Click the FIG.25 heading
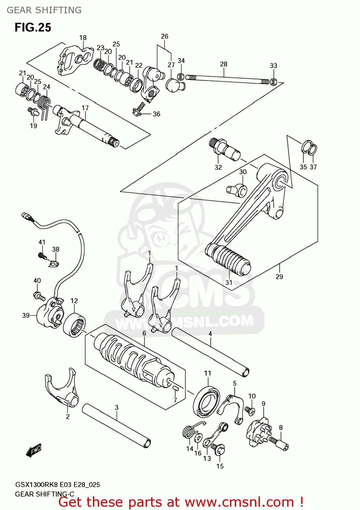click(x=33, y=28)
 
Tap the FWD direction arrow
click(x=33, y=450)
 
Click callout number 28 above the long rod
click(x=223, y=64)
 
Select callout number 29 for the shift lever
click(x=279, y=277)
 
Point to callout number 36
click(x=156, y=114)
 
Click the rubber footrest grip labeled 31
click(x=228, y=259)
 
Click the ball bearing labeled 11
click(x=207, y=402)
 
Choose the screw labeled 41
click(x=43, y=256)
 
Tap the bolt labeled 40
click(x=39, y=296)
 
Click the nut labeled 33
click(x=274, y=82)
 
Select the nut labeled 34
click(x=181, y=77)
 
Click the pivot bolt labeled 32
click(x=224, y=149)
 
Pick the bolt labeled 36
click(x=138, y=109)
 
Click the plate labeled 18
click(x=75, y=60)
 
